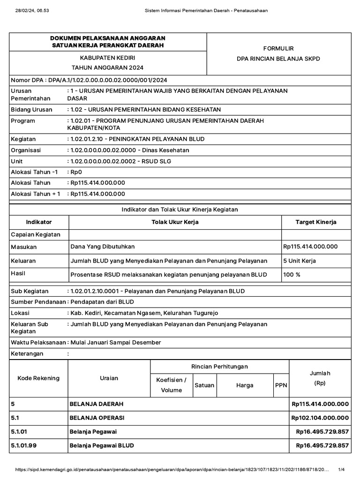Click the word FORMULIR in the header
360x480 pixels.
pos(278,48)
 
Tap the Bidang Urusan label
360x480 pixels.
pos(29,109)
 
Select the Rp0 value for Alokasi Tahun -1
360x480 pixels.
pos(75,172)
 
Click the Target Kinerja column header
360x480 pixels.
pos(315,222)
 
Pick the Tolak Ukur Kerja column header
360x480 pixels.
pos(174,222)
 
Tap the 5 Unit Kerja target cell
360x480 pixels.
pos(300,261)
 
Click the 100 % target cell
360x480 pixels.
pos(292,274)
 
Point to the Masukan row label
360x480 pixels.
pos(23,247)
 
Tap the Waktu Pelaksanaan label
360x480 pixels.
pos(37,342)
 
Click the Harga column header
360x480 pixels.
pos(245,385)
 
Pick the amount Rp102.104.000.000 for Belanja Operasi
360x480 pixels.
pos(320,418)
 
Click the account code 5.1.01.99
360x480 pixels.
pos(23,445)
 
